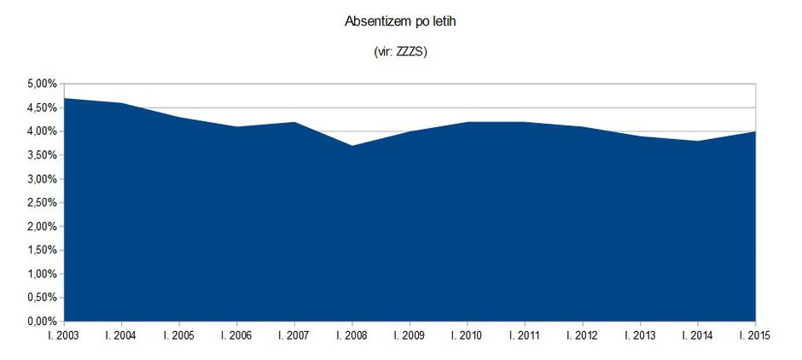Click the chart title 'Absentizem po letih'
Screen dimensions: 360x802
(x=400, y=20)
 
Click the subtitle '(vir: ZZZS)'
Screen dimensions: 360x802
(x=400, y=52)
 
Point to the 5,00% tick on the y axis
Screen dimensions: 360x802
(x=42, y=84)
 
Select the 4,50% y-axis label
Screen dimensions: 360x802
(x=42, y=107)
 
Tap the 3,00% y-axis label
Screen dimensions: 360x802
(x=42, y=179)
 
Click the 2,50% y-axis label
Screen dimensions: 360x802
(x=42, y=203)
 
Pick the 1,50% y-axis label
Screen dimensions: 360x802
(x=42, y=251)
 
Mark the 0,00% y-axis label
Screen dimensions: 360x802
(x=42, y=322)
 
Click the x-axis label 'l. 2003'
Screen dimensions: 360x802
(x=65, y=335)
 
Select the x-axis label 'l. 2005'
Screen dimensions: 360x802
(x=179, y=335)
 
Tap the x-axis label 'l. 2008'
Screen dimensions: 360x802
(x=352, y=335)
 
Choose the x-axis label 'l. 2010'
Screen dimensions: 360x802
(x=467, y=335)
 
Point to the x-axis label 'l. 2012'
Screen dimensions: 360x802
(x=582, y=335)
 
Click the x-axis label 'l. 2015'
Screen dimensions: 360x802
(x=753, y=335)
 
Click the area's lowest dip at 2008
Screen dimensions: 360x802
(x=352, y=146)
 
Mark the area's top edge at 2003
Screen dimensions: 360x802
(x=65, y=99)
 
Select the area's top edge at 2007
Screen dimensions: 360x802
(x=294, y=123)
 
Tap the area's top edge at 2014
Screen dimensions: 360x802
(x=698, y=142)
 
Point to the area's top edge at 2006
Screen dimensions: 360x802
(x=237, y=127)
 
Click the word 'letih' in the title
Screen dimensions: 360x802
(x=442, y=20)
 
